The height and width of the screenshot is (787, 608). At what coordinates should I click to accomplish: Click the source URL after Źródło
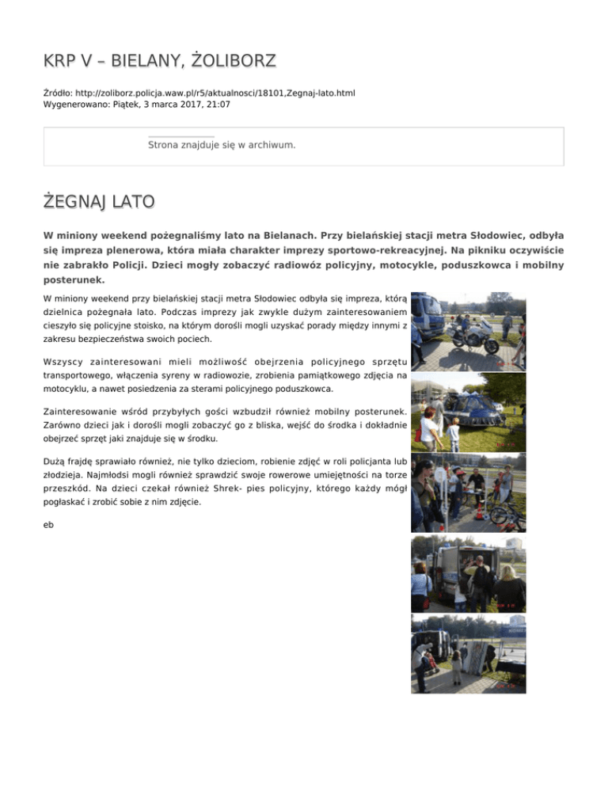point(215,93)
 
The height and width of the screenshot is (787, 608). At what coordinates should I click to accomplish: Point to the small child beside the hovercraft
point(454,434)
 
